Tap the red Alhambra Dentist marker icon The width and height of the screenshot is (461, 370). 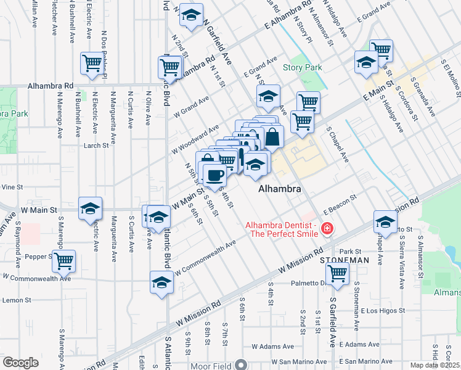click(326, 229)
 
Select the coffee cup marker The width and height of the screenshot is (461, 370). click(214, 175)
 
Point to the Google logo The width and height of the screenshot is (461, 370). click(20, 363)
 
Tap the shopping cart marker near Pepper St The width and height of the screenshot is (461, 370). click(63, 261)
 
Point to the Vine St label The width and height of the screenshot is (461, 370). click(11, 186)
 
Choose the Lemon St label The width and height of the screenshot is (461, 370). click(16, 300)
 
